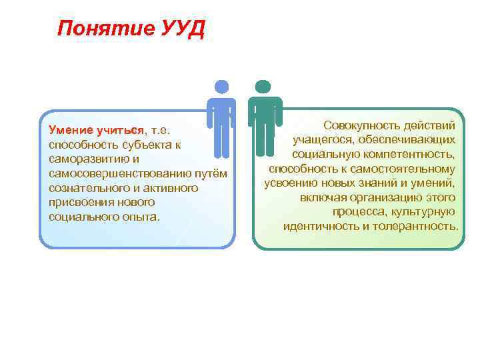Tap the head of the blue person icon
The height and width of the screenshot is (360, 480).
[x=221, y=87]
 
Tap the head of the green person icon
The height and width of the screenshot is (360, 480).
[x=263, y=87]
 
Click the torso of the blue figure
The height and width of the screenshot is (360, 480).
[x=221, y=112]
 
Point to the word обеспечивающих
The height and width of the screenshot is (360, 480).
[x=407, y=139]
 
